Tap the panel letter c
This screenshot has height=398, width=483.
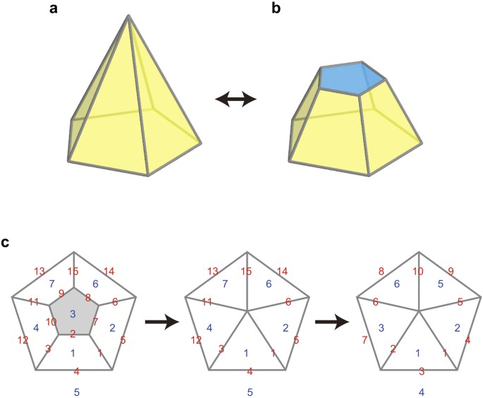tap(6, 244)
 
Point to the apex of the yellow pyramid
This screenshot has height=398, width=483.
tap(128, 16)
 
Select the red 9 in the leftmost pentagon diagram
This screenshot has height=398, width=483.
tap(61, 294)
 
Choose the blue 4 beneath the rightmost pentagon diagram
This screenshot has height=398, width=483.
tap(420, 390)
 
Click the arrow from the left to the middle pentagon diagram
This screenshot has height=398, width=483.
tap(159, 322)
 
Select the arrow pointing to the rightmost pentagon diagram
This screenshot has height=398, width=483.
tap(331, 322)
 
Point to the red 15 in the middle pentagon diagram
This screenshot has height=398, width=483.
tap(245, 272)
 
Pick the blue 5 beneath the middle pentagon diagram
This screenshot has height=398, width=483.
tap(249, 390)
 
